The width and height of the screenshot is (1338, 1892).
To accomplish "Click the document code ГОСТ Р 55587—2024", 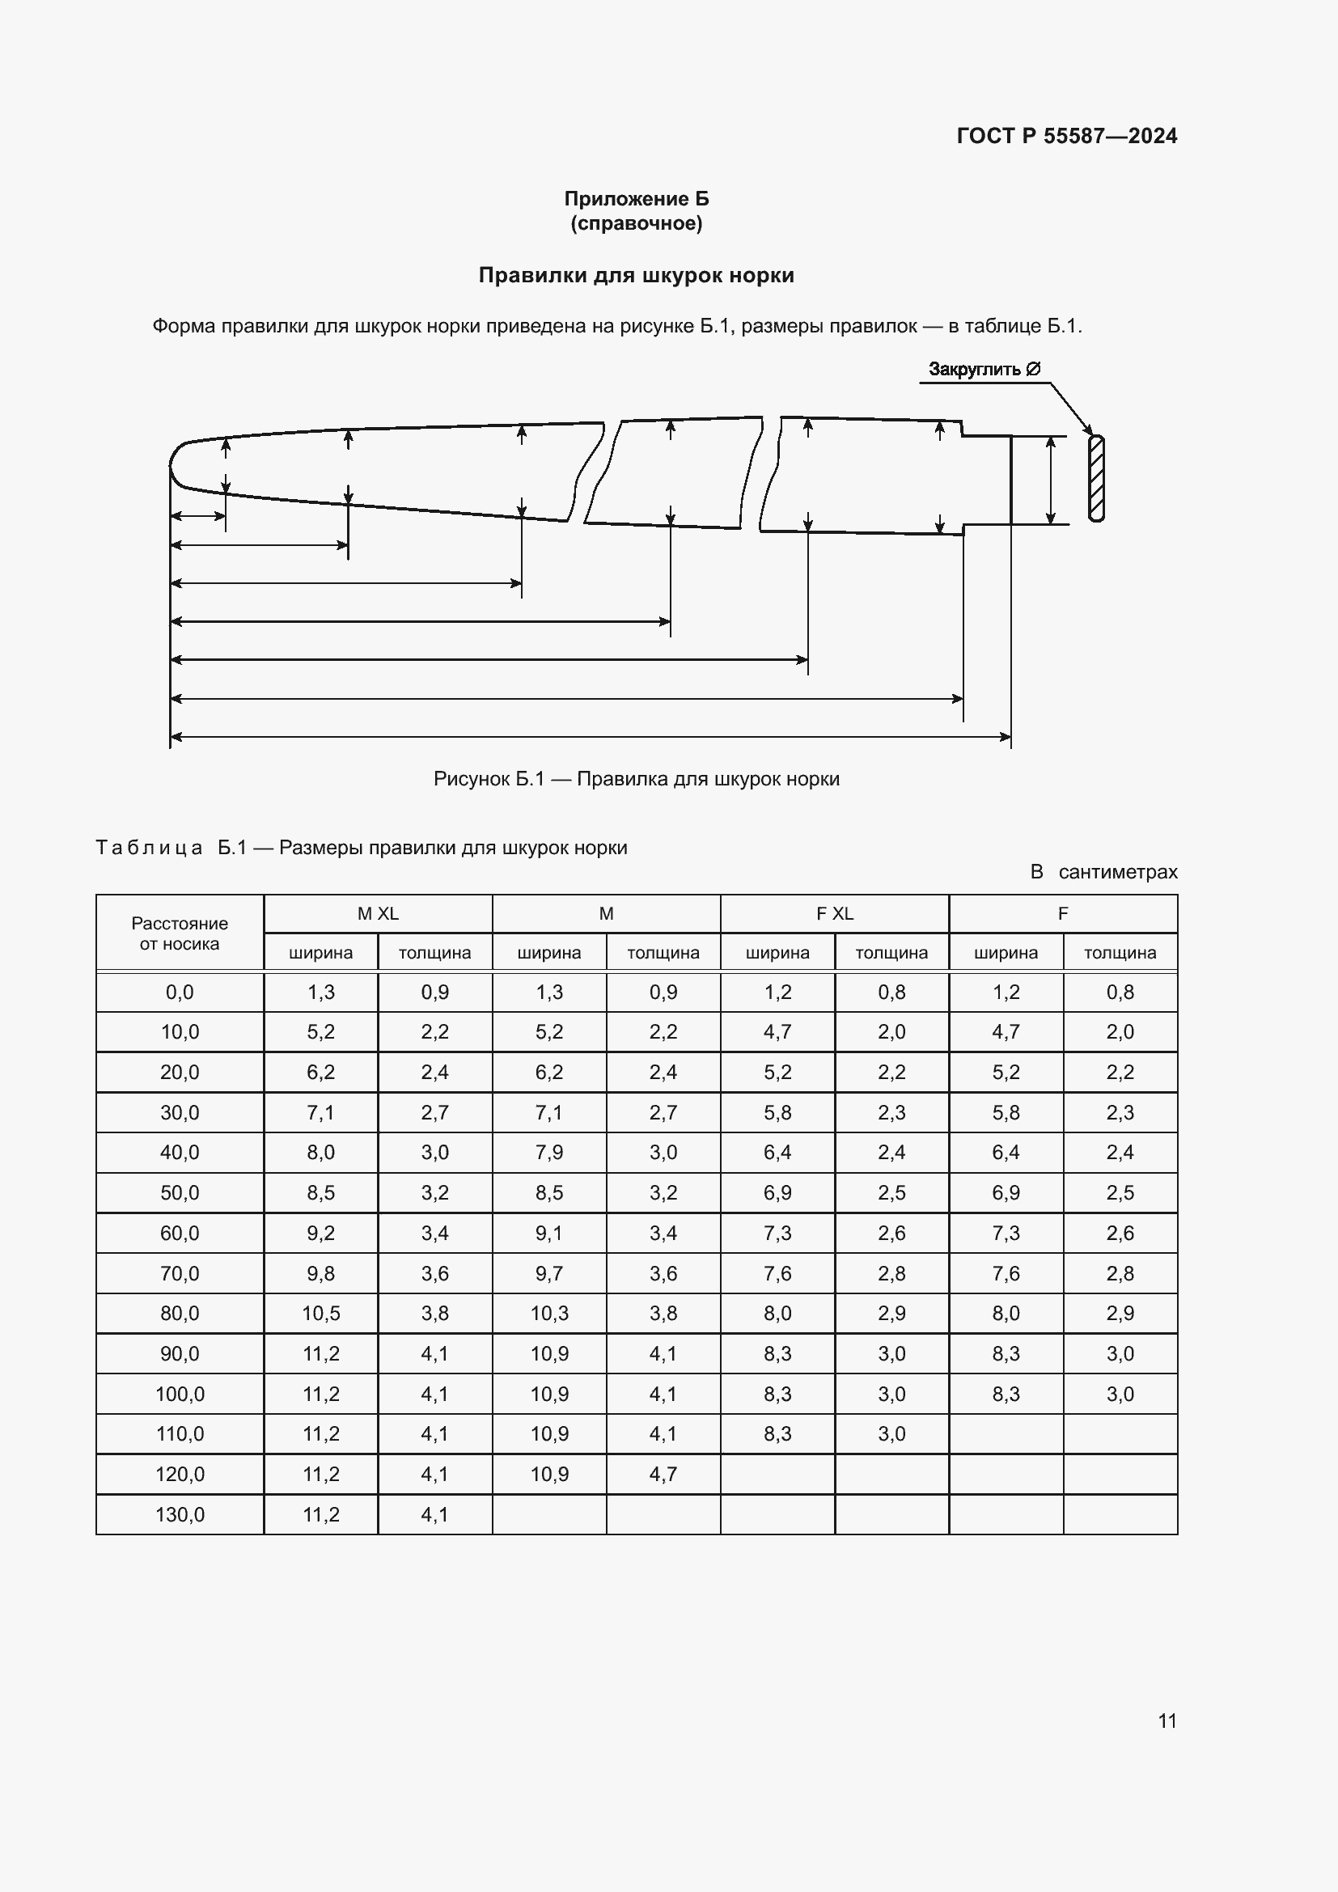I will point(1066,136).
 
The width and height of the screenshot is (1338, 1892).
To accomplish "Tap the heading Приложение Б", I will point(636,199).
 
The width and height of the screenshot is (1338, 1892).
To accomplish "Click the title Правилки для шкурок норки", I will point(636,275).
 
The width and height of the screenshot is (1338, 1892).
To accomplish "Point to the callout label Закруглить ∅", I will point(984,369).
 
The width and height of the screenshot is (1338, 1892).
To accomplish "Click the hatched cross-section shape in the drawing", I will point(1095,479).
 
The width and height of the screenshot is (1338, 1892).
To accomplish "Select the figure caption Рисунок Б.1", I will point(636,779).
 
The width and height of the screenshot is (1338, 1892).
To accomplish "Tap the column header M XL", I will point(377,913).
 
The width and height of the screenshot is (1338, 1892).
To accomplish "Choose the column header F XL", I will point(835,913).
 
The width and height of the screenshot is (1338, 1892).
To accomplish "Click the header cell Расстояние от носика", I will point(180,933).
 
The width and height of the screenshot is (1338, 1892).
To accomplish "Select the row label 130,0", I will point(180,1514).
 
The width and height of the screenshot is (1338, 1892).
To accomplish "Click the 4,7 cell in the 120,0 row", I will point(663,1475).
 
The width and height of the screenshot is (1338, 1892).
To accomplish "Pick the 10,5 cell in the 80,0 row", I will point(320,1314).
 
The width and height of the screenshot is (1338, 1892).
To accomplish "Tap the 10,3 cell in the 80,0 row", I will point(548,1314).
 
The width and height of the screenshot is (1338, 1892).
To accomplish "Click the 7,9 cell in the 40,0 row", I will point(548,1152).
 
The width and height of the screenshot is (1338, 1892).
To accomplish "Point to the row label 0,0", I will point(180,993).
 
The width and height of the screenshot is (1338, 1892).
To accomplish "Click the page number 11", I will point(1167,1721).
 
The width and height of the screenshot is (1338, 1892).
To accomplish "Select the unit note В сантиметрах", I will point(1103,872).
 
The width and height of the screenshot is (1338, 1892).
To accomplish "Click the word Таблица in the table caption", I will point(149,848).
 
